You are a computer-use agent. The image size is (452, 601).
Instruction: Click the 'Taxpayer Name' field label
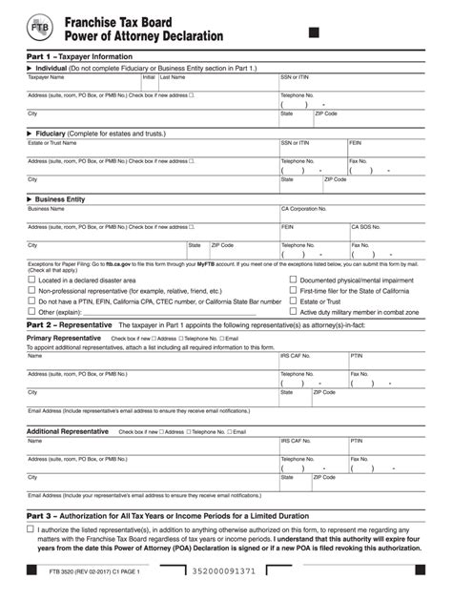45,77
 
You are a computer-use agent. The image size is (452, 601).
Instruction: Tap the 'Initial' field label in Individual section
149,77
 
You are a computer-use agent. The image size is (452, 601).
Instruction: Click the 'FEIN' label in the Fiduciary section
356,142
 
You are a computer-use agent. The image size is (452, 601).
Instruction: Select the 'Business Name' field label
45,208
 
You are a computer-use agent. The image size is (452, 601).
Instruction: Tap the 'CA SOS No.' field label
365,227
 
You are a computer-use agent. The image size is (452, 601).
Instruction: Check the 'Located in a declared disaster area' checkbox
31,280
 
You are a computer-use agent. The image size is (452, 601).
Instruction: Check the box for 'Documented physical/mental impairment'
293,280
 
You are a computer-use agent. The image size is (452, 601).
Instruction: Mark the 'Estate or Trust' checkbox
293,301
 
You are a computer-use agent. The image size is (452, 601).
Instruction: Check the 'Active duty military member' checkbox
293,312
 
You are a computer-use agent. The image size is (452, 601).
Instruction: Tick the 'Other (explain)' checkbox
31,312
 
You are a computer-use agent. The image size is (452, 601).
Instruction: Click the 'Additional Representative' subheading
68,431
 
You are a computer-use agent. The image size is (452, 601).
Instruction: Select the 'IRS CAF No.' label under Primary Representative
296,356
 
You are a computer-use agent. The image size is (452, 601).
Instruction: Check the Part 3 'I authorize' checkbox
31,529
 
